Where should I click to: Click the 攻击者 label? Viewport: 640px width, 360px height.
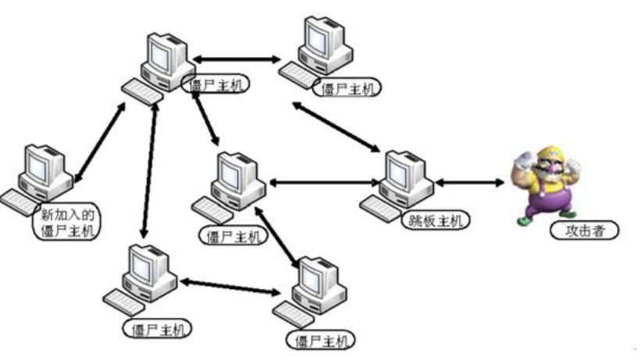(x=584, y=230)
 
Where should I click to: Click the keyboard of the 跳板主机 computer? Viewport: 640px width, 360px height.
(x=381, y=205)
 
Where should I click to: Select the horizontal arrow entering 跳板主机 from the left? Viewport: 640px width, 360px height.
(x=323, y=184)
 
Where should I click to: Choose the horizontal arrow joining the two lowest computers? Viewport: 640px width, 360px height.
(x=231, y=286)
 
